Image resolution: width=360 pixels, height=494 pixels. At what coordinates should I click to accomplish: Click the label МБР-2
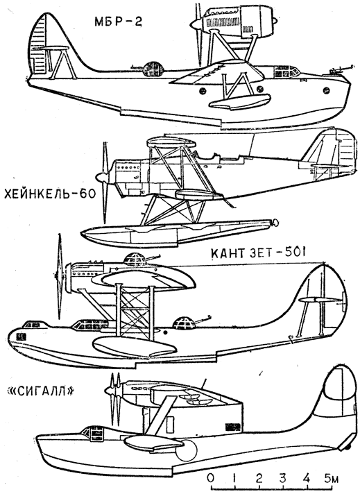pyautogui.click(x=118, y=21)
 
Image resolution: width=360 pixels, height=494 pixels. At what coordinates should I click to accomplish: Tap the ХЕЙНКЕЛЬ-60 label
pyautogui.click(x=49, y=194)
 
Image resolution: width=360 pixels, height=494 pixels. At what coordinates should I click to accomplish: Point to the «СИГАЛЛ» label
pyautogui.click(x=41, y=391)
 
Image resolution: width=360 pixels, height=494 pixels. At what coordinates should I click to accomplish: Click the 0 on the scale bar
pyautogui.click(x=210, y=478)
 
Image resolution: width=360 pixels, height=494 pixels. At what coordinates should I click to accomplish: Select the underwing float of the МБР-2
pyautogui.click(x=240, y=101)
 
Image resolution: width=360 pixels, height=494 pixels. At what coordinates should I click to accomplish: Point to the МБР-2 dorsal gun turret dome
pyautogui.click(x=154, y=69)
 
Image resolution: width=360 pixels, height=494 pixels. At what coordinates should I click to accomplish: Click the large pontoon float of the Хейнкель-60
pyautogui.click(x=176, y=233)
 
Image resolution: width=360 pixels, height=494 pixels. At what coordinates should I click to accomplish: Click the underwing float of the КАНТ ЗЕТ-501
pyautogui.click(x=135, y=346)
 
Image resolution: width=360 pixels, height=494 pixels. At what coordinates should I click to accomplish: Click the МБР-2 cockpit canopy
pyautogui.click(x=286, y=72)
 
